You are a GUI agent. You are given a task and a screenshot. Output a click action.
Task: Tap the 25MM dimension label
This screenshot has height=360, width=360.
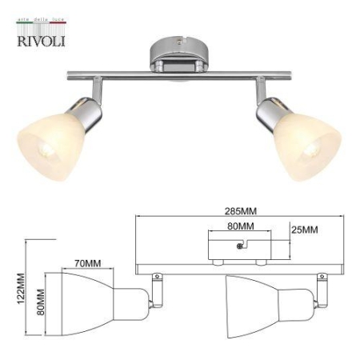click(304, 230)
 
